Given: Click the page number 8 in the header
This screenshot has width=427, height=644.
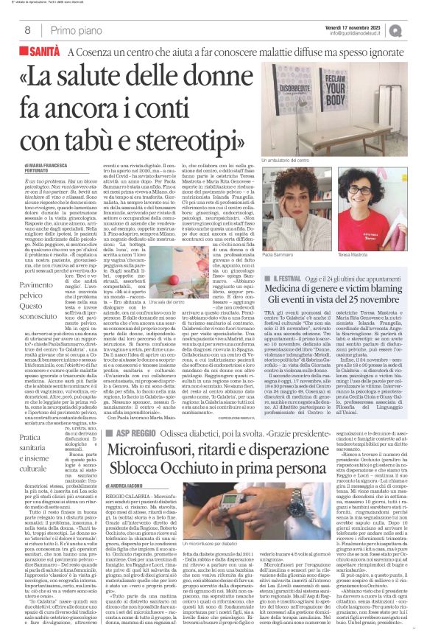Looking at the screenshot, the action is click(x=27, y=30).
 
